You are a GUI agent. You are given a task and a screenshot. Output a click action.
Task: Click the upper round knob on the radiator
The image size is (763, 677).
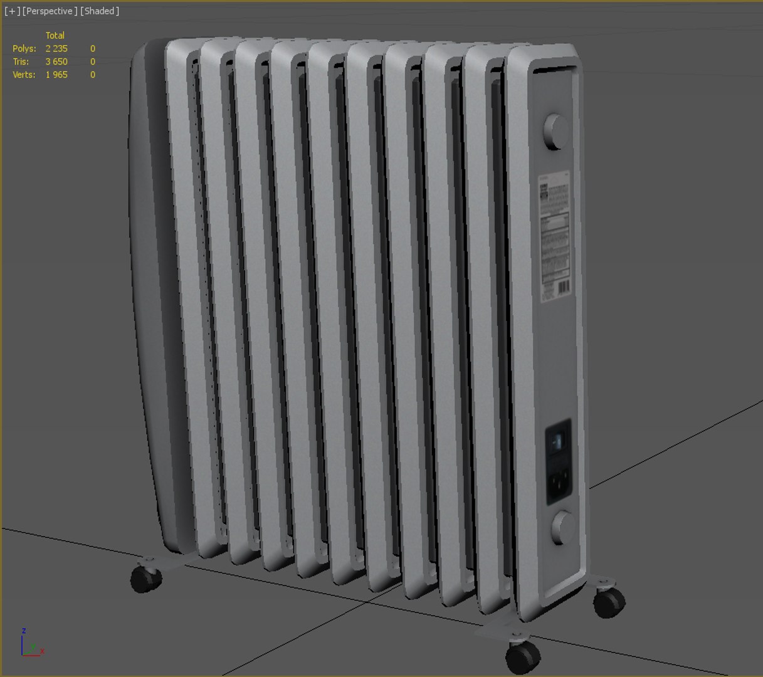(555, 131)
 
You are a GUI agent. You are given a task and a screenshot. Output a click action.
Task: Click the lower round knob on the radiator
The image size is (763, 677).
(563, 527)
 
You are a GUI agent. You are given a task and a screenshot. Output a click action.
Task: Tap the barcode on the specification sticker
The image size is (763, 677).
(564, 288)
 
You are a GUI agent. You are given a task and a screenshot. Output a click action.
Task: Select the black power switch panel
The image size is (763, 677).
(558, 461)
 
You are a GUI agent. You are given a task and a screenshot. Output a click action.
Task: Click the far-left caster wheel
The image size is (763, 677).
(145, 578)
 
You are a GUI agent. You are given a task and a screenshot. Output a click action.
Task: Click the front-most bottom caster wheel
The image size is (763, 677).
(522, 656)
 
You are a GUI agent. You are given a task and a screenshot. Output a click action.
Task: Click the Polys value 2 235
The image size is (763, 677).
(56, 48)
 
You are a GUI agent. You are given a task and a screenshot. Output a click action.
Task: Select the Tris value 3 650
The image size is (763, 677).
(56, 61)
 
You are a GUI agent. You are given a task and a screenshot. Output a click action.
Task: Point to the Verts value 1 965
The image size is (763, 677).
(56, 75)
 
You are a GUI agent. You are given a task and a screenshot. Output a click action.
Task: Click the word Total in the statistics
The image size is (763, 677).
(55, 35)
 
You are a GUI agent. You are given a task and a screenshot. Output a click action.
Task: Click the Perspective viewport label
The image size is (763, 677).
(50, 11)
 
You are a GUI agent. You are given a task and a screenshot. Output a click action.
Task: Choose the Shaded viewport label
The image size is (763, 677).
(100, 11)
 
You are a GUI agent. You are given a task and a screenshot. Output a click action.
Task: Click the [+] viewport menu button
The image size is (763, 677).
(12, 11)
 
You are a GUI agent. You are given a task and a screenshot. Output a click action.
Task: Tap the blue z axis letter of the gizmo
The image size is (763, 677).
(24, 631)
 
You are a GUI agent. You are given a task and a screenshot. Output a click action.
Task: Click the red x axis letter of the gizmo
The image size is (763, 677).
(43, 651)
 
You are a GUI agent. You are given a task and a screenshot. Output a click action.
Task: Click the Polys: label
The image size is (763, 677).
(24, 48)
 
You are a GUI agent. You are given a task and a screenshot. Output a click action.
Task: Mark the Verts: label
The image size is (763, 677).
(24, 75)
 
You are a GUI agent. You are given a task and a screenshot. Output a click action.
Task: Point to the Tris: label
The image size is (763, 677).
(21, 61)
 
